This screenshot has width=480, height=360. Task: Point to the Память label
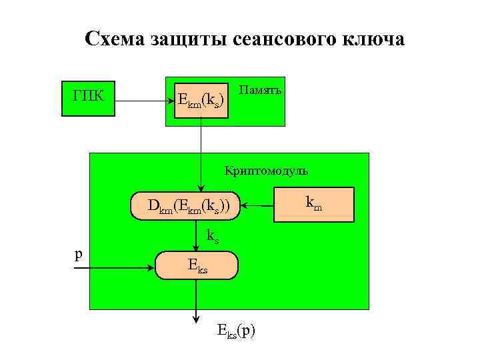coord(260,89)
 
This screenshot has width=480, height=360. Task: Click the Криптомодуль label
coord(266,171)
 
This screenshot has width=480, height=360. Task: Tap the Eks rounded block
coord(197,265)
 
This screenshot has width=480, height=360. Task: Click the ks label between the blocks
coord(213,235)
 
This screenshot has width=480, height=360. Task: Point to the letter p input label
coord(79,254)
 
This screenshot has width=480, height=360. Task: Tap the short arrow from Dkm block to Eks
coord(196,236)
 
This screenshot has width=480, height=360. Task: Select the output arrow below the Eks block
coord(196,300)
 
